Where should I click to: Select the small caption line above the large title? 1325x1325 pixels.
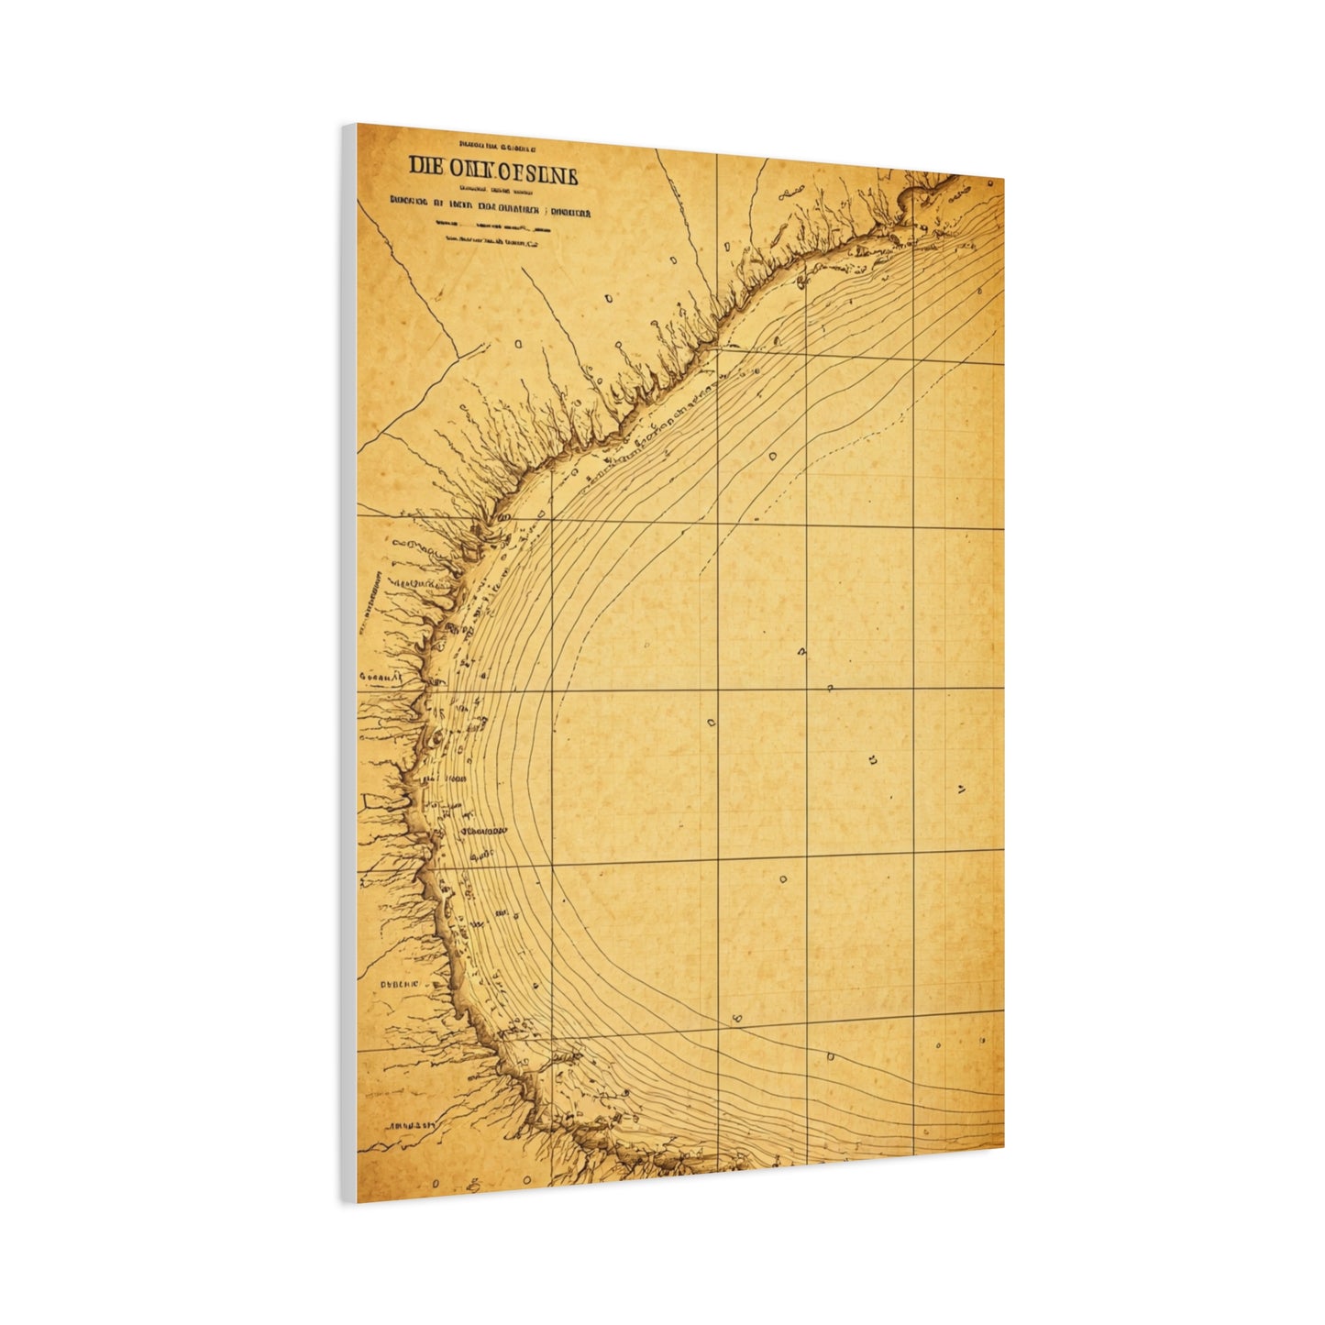pyautogui.click(x=499, y=145)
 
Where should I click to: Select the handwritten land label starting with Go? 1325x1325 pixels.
pyautogui.click(x=381, y=677)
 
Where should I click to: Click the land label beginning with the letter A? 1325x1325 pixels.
pyautogui.click(x=410, y=1123)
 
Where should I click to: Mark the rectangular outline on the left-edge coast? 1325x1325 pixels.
pyautogui.click(x=375, y=801)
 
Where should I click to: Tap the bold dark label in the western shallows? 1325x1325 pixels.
pyautogui.click(x=483, y=831)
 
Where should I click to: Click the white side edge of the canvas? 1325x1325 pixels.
pyautogui.click(x=348, y=660)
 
